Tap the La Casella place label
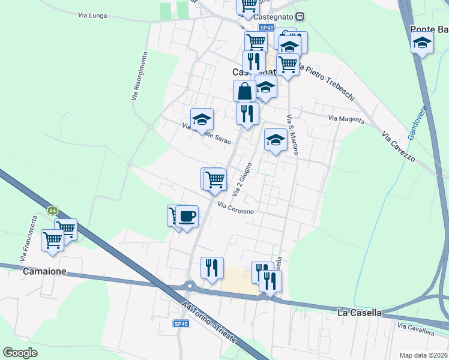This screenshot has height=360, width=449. click(x=359, y=313)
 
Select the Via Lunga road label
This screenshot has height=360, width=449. click(x=93, y=16)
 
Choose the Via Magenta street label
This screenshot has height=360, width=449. click(x=346, y=119)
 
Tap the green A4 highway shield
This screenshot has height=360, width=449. click(x=53, y=211)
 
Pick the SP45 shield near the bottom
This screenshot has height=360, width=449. click(x=181, y=324)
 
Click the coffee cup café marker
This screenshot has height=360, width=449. click(x=187, y=215)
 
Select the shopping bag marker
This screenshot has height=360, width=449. click(x=245, y=92)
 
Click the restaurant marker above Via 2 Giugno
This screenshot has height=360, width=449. click(x=247, y=113)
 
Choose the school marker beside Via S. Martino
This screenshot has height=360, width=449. click(x=276, y=141)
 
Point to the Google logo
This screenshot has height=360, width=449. click(x=20, y=353)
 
